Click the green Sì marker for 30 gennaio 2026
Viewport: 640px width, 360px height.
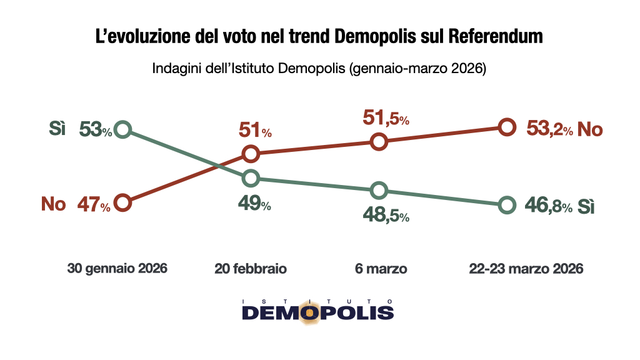[123, 130]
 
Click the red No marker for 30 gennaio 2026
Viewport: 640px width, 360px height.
[123, 202]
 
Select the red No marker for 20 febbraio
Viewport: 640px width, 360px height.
[251, 153]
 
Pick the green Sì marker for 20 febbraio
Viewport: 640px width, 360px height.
[251, 178]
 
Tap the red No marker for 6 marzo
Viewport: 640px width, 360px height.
[379, 142]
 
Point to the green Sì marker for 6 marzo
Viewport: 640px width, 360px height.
[379, 190]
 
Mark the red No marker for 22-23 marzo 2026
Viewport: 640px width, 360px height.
[507, 127]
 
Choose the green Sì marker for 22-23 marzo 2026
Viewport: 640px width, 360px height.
[507, 204]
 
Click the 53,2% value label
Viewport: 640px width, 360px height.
[549, 129]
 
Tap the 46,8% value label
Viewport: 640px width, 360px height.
[549, 206]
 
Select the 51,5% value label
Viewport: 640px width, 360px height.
[386, 117]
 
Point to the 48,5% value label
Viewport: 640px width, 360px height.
[386, 215]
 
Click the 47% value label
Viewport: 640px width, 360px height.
[94, 204]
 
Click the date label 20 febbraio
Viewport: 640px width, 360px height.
[251, 269]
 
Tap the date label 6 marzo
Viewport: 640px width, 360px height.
[380, 269]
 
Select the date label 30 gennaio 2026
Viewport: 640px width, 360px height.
[117, 269]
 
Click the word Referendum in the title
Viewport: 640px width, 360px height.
[496, 37]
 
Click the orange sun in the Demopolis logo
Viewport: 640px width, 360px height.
[309, 313]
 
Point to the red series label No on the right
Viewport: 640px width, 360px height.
[590, 129]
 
